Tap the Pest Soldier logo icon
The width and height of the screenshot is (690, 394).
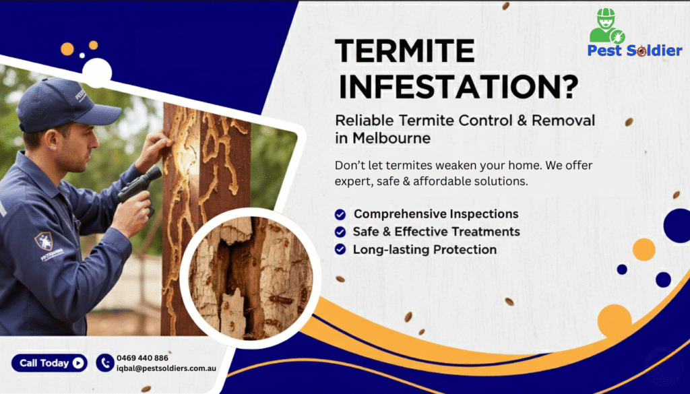click(x=607, y=26)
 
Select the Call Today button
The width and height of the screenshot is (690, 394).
click(x=49, y=363)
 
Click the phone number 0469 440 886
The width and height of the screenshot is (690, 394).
click(x=142, y=358)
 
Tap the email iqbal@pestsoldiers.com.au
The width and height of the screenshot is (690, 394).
click(x=166, y=369)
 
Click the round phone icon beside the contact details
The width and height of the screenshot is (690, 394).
click(x=104, y=363)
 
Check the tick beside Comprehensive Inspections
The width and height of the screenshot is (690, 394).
click(x=340, y=214)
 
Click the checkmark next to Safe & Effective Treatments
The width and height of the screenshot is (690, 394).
click(x=340, y=232)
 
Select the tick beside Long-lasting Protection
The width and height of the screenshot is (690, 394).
click(x=340, y=249)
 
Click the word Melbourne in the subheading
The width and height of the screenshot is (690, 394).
click(x=391, y=137)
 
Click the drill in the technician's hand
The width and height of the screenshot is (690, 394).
click(x=138, y=185)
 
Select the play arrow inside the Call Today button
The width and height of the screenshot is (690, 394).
click(x=79, y=363)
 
